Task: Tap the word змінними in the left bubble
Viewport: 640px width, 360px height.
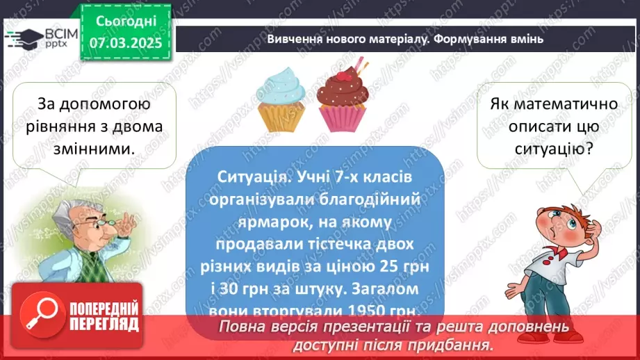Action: click(93, 147)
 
